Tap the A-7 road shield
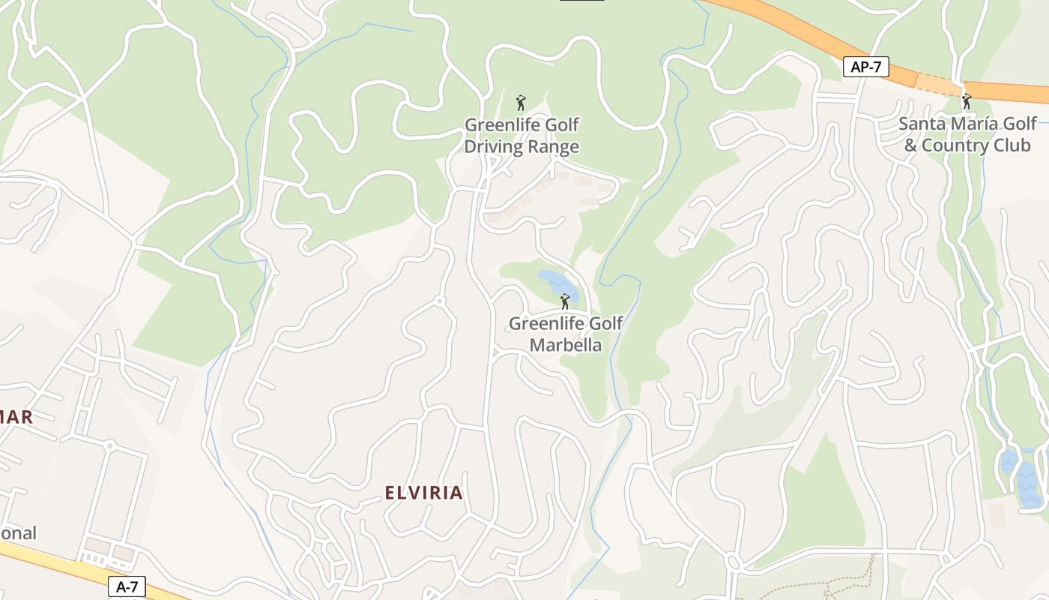[x=127, y=586]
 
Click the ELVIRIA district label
[x=423, y=493]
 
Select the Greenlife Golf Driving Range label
[x=522, y=135]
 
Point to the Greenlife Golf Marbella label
[x=566, y=334]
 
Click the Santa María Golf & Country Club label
[x=967, y=134]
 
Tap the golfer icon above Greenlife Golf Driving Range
[x=521, y=103]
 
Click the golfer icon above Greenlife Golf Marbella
[x=565, y=301]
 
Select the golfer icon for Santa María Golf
[x=967, y=100]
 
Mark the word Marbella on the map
[x=566, y=345]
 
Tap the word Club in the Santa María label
[x=1012, y=145]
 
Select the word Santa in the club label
[x=922, y=124]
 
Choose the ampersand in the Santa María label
[x=910, y=145]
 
